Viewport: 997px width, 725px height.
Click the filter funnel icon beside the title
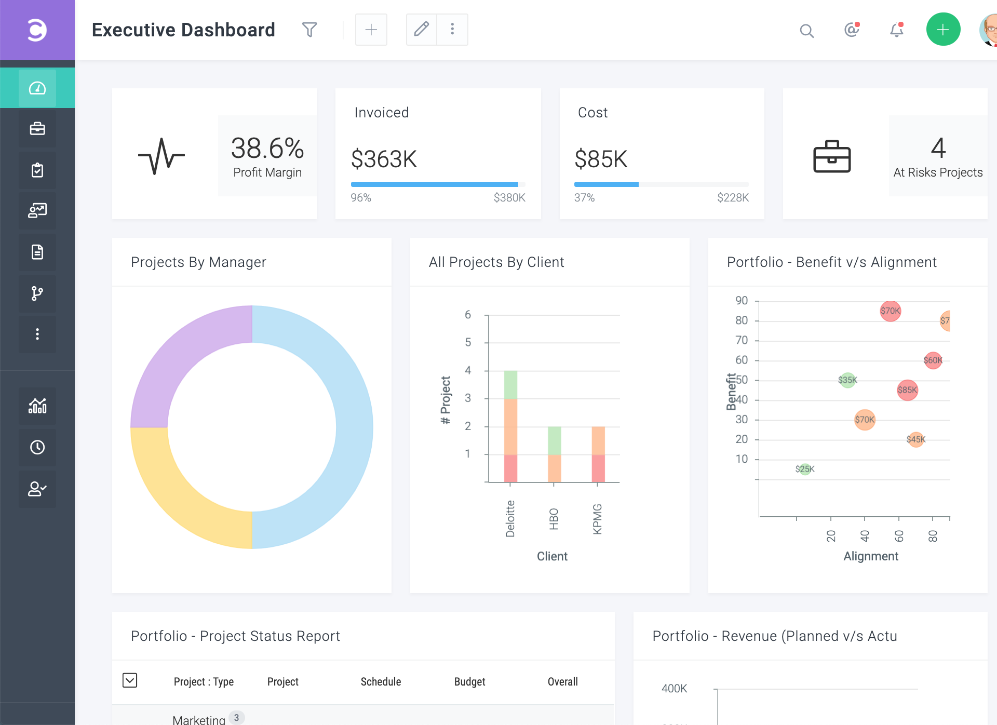(309, 30)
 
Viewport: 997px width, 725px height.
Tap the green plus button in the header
(943, 30)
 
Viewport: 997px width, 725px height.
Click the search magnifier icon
(806, 31)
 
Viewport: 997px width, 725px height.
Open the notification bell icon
(897, 30)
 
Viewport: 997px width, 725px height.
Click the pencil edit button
(421, 30)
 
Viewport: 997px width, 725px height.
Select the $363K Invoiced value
(384, 159)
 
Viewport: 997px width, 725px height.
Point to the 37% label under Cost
(584, 198)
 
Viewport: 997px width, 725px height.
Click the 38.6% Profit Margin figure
(267, 149)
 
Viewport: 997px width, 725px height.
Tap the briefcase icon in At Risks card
(831, 156)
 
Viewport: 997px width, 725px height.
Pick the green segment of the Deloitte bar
(510, 384)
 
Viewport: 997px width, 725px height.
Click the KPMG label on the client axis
(597, 518)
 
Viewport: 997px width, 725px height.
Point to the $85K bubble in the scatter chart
(907, 390)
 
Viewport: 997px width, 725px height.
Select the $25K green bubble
(805, 469)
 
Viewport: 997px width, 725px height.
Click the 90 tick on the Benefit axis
(742, 301)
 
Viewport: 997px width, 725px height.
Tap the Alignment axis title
(870, 556)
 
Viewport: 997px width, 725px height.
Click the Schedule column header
(381, 682)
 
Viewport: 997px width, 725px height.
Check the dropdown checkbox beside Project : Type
(130, 680)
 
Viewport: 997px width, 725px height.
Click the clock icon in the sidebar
(37, 447)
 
